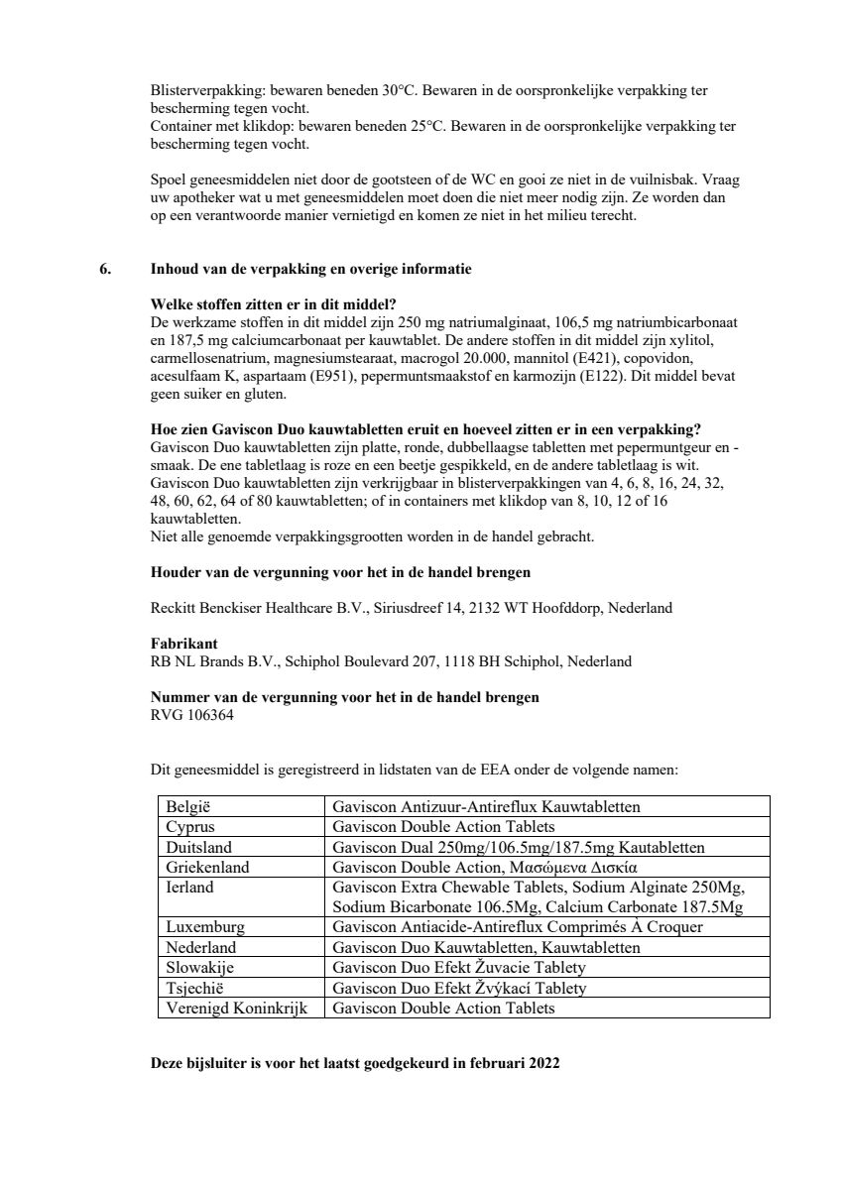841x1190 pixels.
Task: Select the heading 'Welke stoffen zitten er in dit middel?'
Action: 280,304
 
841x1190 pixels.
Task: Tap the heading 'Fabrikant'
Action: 183,644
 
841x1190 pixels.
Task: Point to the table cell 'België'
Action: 189,806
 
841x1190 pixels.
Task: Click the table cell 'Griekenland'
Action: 207,867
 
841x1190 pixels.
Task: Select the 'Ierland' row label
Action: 188,888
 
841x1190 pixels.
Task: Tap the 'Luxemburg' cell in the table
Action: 205,927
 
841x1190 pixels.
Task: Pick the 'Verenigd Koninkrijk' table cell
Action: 237,1008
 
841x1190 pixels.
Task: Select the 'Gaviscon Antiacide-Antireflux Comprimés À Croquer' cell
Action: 518,927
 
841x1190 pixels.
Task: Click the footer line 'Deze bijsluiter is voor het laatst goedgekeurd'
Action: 354,1063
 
